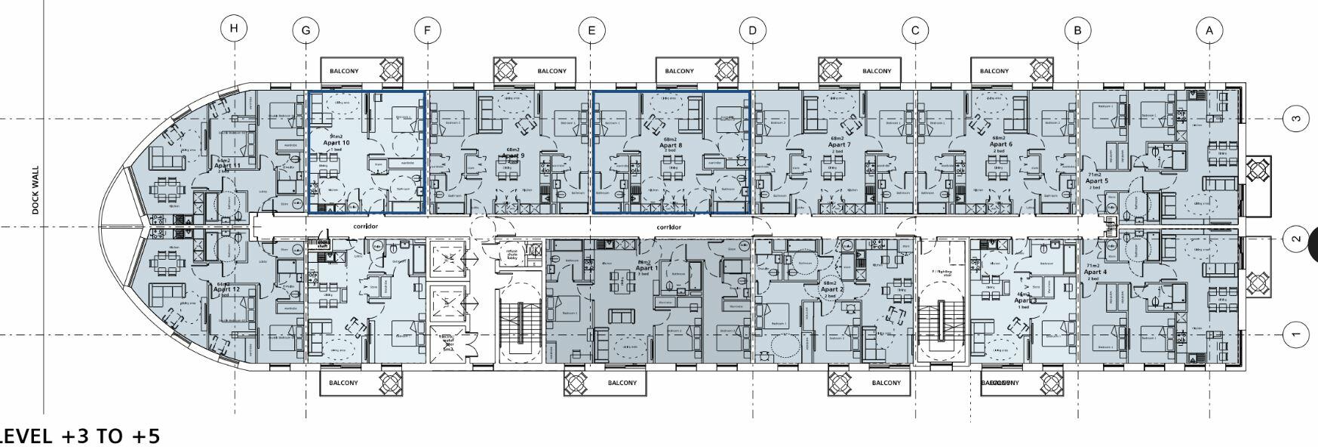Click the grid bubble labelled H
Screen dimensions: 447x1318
pos(235,29)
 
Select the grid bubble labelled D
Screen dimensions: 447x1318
pos(752,31)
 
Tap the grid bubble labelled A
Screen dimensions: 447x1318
pos(1209,31)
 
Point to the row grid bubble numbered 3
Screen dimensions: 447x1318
pos(1296,119)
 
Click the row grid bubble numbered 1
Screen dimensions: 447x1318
pos(1296,334)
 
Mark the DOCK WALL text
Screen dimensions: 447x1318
pos(35,191)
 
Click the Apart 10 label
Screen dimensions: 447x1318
pos(336,143)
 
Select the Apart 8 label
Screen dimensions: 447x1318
pos(671,145)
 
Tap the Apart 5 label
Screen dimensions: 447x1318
pos(1096,181)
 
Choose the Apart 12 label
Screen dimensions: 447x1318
pos(226,289)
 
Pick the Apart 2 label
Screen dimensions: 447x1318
pos(831,289)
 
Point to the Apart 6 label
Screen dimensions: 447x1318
pos(1000,144)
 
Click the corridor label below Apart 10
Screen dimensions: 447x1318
pos(365,227)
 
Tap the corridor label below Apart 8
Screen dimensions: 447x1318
pos(668,227)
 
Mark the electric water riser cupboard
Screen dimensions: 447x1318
pos(448,344)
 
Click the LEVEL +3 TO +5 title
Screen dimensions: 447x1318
pos(79,436)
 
